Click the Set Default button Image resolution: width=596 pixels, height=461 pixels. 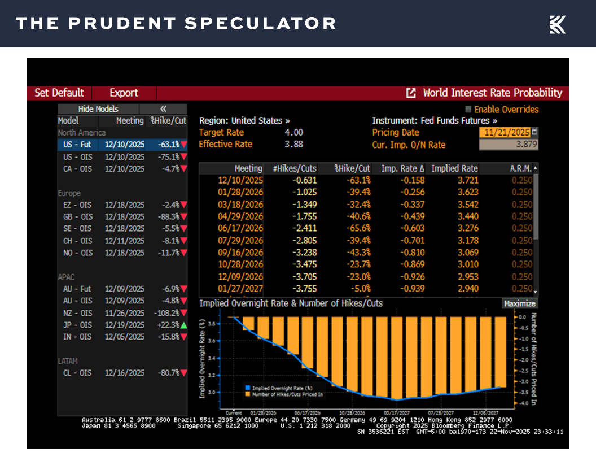tap(59, 93)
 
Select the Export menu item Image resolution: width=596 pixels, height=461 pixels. tap(124, 93)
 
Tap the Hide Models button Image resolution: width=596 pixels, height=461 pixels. tap(98, 109)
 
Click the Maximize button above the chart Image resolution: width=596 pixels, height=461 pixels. tap(519, 304)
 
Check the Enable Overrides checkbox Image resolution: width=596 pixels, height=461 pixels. tap(468, 110)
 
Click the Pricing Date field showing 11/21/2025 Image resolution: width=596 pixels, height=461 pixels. tap(505, 132)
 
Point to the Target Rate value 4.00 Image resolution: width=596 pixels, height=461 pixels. tap(293, 133)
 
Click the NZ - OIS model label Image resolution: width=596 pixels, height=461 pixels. tap(78, 313)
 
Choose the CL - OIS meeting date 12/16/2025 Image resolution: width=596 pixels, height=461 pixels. tap(124, 373)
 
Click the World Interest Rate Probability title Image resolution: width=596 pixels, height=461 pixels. tap(492, 93)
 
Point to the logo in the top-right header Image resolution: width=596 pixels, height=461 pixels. tap(557, 24)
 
